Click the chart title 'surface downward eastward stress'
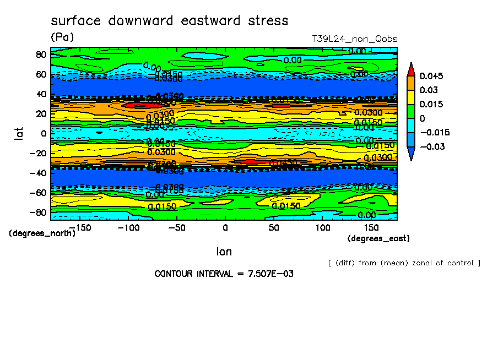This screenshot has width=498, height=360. click(169, 21)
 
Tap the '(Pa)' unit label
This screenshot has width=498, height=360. click(62, 37)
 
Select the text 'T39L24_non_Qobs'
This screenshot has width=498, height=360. click(354, 39)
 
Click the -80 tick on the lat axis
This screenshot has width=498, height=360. click(39, 212)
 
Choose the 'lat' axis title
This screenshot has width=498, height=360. click(19, 133)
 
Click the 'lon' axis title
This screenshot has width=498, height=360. click(224, 252)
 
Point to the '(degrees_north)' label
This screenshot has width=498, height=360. click(42, 233)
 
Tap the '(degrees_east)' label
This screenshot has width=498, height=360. click(378, 238)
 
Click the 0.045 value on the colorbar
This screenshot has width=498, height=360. click(431, 76)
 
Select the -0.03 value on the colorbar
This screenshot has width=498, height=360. click(431, 146)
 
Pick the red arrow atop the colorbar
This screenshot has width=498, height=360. click(411, 69)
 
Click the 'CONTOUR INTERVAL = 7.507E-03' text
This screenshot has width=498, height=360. click(224, 274)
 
